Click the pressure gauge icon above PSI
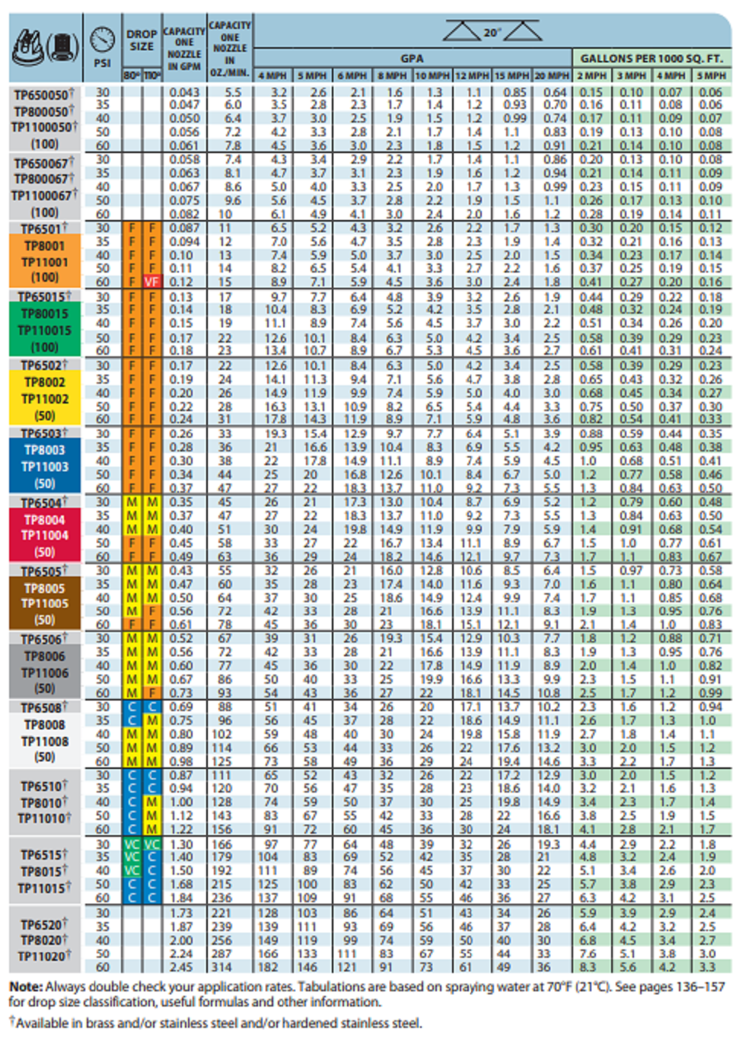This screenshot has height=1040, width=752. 102,39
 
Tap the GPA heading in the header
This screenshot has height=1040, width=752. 412,58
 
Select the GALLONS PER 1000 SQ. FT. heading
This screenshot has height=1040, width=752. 652,58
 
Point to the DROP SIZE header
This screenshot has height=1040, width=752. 142,40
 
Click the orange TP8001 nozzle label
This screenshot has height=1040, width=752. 45,246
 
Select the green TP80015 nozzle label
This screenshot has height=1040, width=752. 45,314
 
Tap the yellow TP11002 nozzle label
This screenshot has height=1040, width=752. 45,398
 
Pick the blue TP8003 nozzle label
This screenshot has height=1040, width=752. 45,450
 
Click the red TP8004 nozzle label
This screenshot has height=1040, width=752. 45,520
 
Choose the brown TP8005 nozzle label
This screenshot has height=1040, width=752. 45,589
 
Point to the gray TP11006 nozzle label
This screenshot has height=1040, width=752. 45,673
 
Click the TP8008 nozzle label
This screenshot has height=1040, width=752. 45,725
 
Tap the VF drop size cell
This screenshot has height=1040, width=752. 152,282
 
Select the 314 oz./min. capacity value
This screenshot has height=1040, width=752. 221,967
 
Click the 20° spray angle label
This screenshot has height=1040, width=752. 492,33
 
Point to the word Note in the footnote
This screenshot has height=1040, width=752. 26,987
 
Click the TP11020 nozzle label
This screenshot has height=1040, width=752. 45,956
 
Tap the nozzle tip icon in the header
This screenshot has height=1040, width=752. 45,47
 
